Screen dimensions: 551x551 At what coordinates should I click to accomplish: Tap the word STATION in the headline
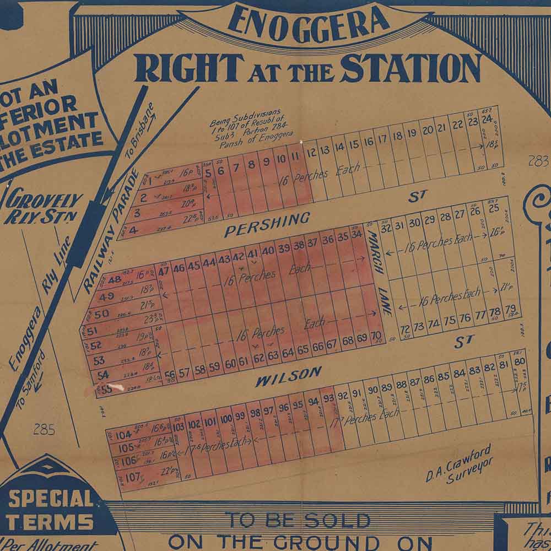[410, 68]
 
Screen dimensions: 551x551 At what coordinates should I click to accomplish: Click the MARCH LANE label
[380, 273]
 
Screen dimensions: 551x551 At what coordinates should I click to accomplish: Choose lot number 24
[487, 119]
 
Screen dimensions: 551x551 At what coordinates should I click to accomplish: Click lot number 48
[115, 279]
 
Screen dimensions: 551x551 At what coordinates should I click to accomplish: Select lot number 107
[132, 477]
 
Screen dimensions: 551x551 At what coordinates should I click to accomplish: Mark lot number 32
[386, 228]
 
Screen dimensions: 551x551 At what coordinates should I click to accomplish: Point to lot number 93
[328, 398]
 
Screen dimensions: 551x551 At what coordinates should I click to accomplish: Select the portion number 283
[538, 161]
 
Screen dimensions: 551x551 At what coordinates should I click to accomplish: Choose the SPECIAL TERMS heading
[50, 510]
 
